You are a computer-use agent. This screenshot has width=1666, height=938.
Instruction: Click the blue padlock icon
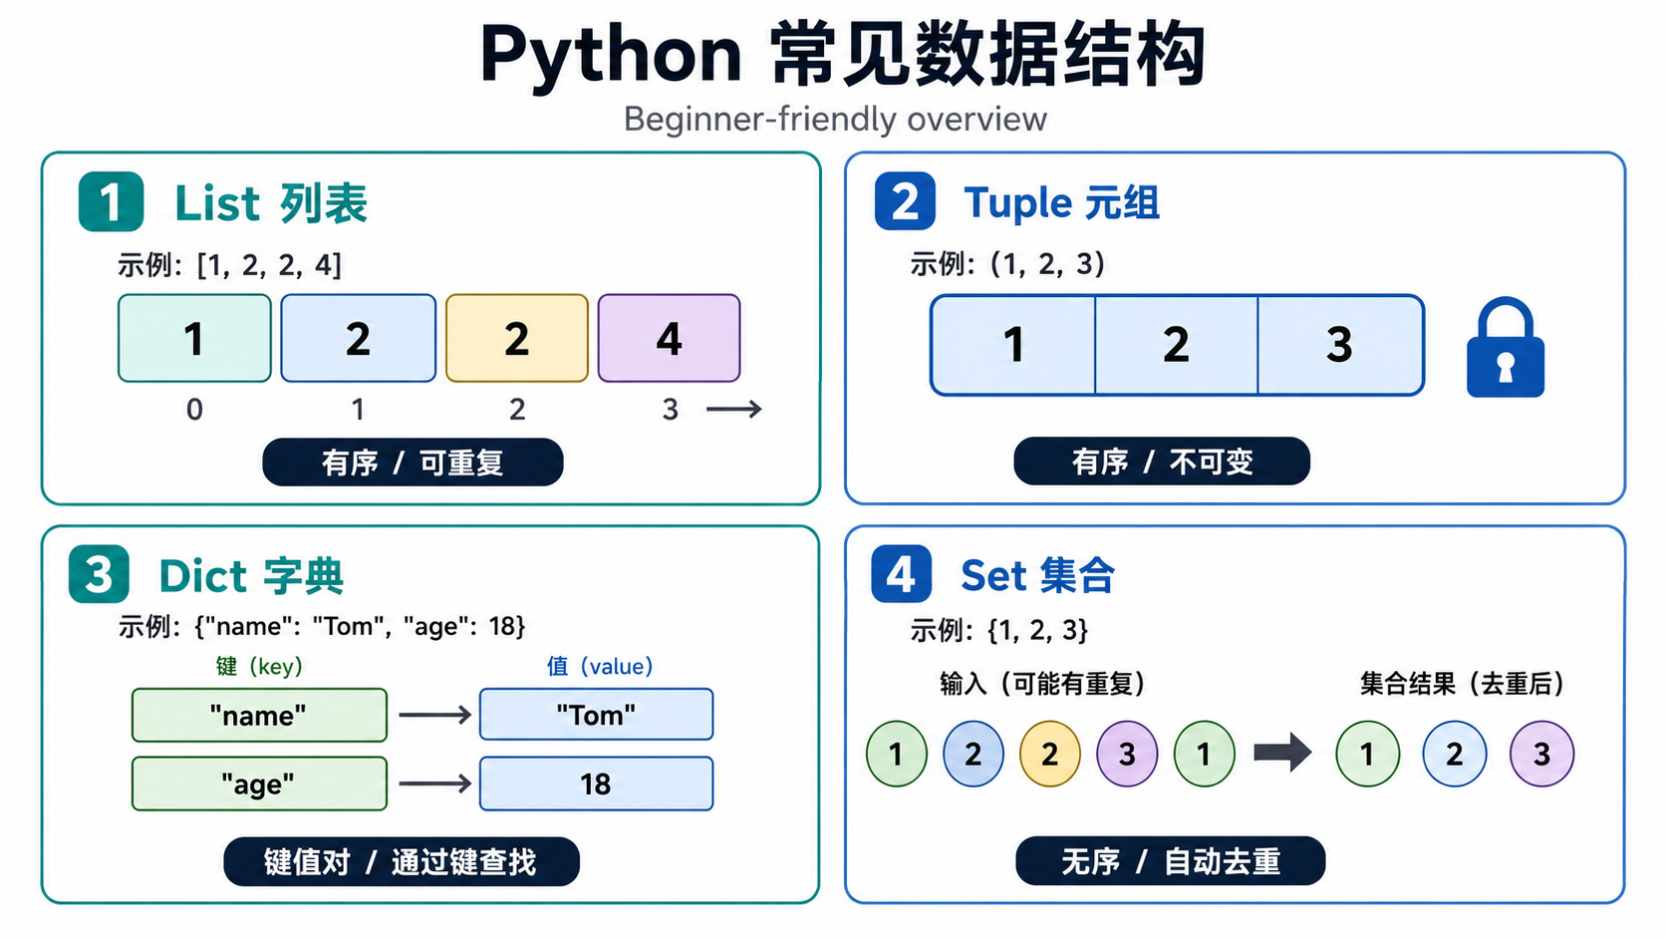pos(1505,347)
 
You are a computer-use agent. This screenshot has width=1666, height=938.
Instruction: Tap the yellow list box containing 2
pos(517,339)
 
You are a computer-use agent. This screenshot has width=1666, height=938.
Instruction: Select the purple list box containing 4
pos(669,339)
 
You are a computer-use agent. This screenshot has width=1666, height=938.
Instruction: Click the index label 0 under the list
pos(194,409)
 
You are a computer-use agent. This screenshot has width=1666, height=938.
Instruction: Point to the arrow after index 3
pos(734,409)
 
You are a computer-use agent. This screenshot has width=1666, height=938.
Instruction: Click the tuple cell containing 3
pos(1340,345)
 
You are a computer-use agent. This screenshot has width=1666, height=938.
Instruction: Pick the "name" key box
pos(260,715)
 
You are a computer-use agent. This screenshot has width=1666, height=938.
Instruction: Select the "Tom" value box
pos(597,714)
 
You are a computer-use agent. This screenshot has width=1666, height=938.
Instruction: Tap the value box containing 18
pos(597,783)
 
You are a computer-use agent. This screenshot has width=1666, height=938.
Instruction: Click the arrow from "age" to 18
pos(435,783)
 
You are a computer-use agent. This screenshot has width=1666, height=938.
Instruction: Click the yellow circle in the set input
pos(1049,754)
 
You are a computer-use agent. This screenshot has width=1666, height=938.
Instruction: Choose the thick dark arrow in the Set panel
pos(1282,752)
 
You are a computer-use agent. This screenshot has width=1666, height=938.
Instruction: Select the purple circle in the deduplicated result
pos(1541,754)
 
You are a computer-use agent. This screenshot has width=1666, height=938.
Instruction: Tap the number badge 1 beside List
pos(111,201)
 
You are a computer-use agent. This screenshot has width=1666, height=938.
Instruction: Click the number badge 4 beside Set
pos(902,573)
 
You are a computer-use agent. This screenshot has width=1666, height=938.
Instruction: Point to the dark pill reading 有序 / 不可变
pos(1162,462)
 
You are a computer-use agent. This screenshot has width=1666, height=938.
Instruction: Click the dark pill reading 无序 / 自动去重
pos(1170,860)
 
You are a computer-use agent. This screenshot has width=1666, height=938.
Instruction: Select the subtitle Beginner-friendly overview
pos(835,119)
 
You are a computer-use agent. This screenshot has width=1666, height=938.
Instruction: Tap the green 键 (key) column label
pos(260,666)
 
